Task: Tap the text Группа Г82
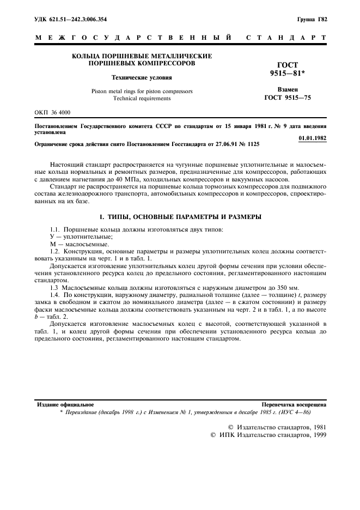click(x=312, y=20)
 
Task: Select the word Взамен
click(x=287, y=89)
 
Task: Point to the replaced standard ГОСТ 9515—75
click(x=287, y=98)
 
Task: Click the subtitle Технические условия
click(x=142, y=77)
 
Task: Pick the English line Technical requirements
click(x=142, y=99)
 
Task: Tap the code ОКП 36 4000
click(x=53, y=112)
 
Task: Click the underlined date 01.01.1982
click(x=313, y=138)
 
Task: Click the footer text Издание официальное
click(x=65, y=405)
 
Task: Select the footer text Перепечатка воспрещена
click(x=294, y=405)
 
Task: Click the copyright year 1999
click(x=316, y=436)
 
